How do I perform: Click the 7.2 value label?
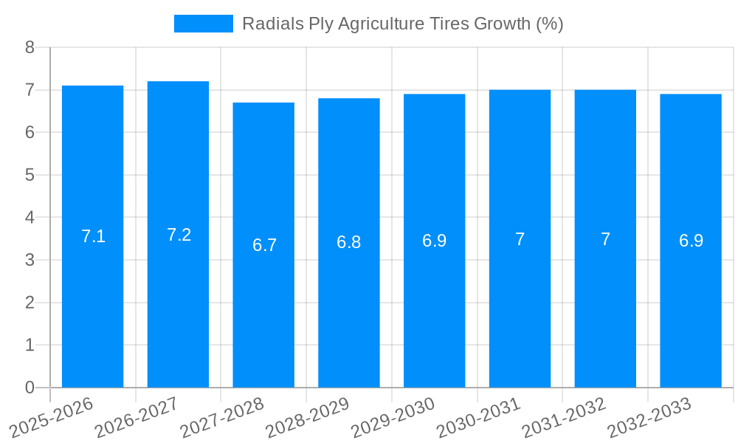coord(179,235)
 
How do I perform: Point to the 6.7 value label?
coord(264,245)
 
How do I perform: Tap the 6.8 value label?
coord(349,242)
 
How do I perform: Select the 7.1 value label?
coord(93,236)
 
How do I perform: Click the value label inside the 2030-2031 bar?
coord(520,239)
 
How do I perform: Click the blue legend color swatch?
coord(203,24)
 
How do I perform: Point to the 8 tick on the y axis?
coord(30,47)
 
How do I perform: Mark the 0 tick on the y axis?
coord(30,388)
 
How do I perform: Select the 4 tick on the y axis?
coord(30,218)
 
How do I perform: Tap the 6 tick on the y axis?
coord(30,132)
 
